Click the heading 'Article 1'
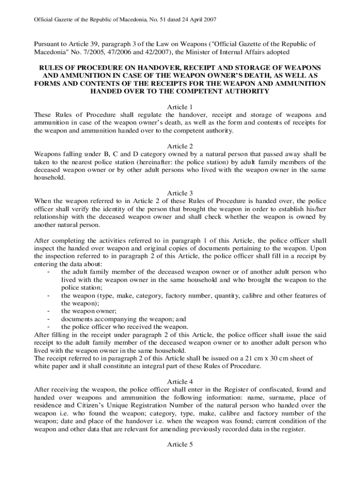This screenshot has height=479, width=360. (180, 107)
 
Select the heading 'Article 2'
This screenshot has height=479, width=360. (180, 145)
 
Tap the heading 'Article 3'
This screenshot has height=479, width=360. (180, 193)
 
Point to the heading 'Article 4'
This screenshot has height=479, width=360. (180, 381)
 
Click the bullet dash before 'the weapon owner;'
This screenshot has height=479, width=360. (49, 311)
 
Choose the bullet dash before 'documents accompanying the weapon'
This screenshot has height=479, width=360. (49, 319)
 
